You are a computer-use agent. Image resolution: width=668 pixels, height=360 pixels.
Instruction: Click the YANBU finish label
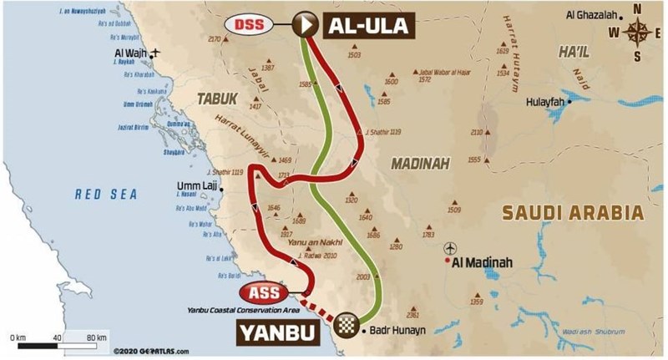(x=281, y=332)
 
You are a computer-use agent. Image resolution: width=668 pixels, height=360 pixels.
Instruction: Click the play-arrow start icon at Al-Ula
(x=304, y=25)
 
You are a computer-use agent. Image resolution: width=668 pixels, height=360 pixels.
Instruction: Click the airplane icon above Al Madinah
(x=452, y=248)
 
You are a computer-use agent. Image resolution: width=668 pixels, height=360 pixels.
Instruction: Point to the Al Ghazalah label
(x=595, y=14)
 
